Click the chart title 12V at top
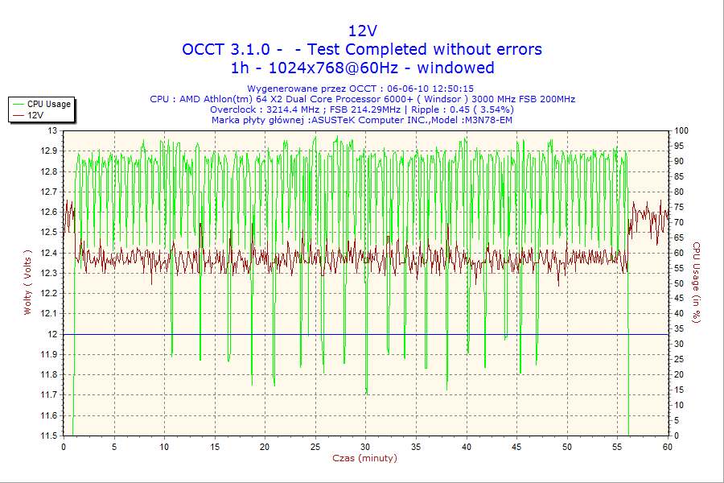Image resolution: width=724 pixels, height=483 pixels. tap(362, 31)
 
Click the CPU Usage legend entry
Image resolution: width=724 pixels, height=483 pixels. tap(48, 104)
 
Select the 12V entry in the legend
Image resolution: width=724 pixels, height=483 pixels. tap(35, 115)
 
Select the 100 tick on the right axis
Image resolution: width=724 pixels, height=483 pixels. tap(681, 130)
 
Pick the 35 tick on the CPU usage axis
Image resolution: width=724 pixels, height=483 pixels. tap(679, 328)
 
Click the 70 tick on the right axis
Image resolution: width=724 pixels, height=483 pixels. tap(679, 222)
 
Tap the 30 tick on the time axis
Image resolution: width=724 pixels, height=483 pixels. tap(365, 446)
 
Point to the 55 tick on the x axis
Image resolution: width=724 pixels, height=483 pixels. tap(617, 446)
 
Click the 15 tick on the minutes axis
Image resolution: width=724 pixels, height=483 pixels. tap(215, 446)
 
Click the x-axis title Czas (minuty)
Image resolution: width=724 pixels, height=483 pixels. tap(364, 458)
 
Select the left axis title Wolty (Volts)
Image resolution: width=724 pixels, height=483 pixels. tap(28, 282)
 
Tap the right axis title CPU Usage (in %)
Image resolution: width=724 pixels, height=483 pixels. tap(697, 282)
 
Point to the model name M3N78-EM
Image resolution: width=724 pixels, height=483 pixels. tap(487, 120)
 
